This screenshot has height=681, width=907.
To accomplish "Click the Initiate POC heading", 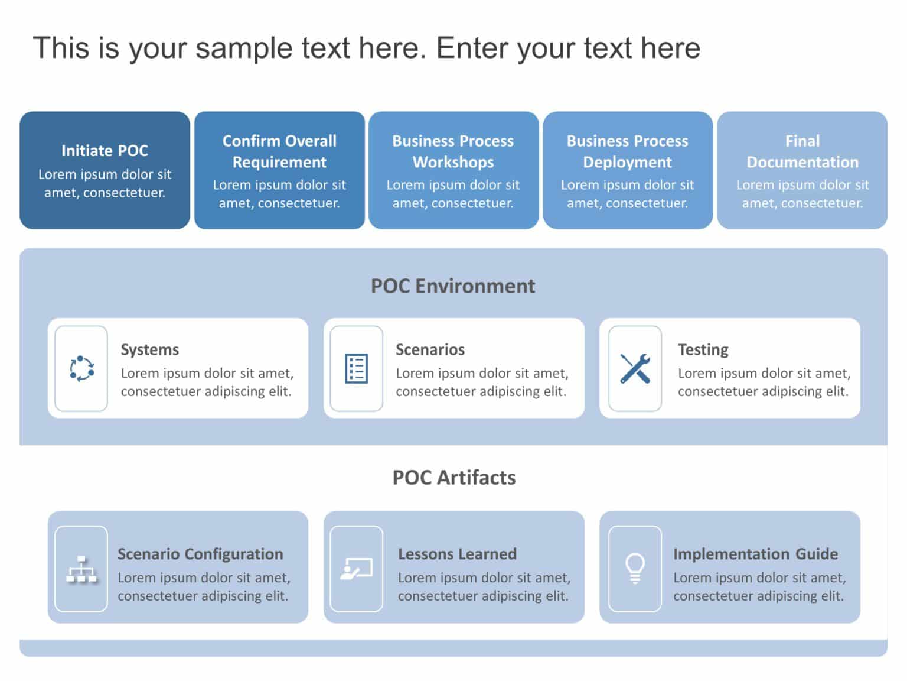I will click(x=105, y=151).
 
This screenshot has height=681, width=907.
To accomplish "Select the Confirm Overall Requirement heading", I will click(x=279, y=151).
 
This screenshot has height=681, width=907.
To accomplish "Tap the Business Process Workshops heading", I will click(x=453, y=151).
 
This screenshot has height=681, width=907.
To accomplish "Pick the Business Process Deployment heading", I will click(x=627, y=151).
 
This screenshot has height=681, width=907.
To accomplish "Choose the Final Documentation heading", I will click(x=802, y=151).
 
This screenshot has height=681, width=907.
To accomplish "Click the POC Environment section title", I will click(x=453, y=286).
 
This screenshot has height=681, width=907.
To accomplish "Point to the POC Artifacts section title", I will click(x=453, y=478).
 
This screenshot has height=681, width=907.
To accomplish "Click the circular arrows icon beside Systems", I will click(x=81, y=369).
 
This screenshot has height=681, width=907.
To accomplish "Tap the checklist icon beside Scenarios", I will click(x=356, y=369).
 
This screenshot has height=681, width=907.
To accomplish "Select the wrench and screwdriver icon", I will click(x=635, y=369).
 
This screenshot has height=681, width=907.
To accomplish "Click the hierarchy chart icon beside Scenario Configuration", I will click(x=81, y=569).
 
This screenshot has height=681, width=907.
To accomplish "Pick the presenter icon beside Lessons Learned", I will click(x=356, y=569).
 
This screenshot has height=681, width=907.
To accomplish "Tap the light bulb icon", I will click(x=635, y=569).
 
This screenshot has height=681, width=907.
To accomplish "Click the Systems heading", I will click(x=149, y=349).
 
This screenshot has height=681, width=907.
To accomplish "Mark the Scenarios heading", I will click(x=430, y=349).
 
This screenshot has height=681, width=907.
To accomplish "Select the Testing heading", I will click(x=703, y=349).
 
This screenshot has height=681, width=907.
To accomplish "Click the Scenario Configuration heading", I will click(x=200, y=554).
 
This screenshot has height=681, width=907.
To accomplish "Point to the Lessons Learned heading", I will click(x=457, y=554).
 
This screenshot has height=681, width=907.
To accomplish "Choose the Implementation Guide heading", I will click(x=755, y=554).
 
